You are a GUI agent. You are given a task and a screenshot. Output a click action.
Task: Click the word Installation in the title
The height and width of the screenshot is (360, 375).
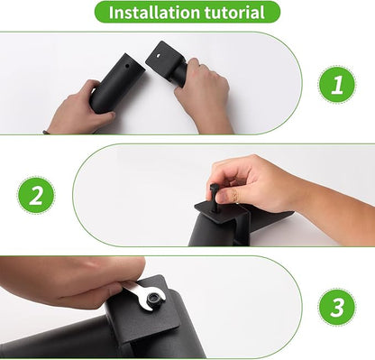point(154,13)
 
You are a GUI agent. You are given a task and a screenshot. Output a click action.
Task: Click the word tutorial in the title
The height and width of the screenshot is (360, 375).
point(234,13)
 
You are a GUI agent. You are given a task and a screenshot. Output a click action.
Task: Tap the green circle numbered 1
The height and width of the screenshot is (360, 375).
point(336,84)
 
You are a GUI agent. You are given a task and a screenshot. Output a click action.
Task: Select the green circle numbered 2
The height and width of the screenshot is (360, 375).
point(36,195)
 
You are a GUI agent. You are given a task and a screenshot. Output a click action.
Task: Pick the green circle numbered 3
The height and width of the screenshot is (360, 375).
point(336,307)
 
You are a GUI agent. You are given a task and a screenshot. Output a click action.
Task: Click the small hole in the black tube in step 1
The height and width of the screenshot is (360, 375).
point(127,65)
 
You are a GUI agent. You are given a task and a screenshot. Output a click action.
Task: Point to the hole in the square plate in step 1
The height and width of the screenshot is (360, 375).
point(158,56)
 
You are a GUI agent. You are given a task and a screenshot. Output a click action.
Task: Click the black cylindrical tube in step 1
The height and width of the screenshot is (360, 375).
point(115,84)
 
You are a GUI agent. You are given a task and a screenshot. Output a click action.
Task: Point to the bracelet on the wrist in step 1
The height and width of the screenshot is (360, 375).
point(46,132)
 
